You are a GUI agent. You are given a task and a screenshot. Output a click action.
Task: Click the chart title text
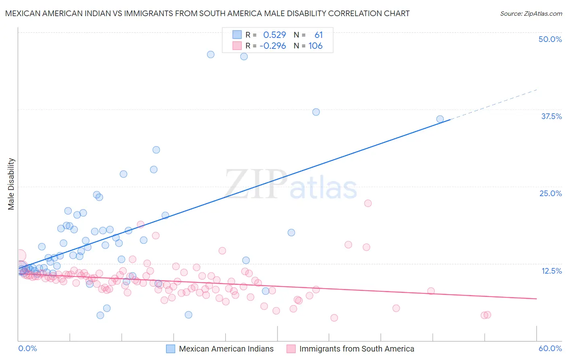click(x=207, y=13)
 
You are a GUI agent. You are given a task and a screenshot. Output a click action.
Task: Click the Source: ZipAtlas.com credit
click(x=531, y=13)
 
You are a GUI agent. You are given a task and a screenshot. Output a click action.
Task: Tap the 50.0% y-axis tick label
click(x=550, y=39)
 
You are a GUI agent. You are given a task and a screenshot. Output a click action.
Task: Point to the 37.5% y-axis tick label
click(x=551, y=116)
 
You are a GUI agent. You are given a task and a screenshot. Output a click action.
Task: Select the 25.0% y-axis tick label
click(x=550, y=193)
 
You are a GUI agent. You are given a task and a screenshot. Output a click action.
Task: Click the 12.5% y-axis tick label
click(x=551, y=271)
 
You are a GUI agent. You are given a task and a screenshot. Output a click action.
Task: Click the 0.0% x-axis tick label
click(x=27, y=348)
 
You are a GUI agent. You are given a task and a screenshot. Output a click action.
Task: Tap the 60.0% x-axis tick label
click(x=550, y=348)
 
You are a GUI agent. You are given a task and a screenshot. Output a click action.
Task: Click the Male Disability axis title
click(x=11, y=184)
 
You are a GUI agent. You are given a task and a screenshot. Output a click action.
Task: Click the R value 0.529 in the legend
click(x=274, y=35)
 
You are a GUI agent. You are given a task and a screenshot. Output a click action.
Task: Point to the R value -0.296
click(x=273, y=46)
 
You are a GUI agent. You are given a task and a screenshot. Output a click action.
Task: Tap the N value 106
click(x=315, y=46)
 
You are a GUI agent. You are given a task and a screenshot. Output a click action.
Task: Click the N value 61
click(x=319, y=35)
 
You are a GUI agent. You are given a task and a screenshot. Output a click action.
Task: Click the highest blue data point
click(x=211, y=54)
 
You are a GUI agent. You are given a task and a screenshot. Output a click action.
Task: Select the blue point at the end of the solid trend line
click(x=440, y=119)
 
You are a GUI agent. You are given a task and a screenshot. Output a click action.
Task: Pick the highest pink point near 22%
click(x=368, y=203)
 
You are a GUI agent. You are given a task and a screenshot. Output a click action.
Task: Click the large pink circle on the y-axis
click(x=19, y=255)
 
